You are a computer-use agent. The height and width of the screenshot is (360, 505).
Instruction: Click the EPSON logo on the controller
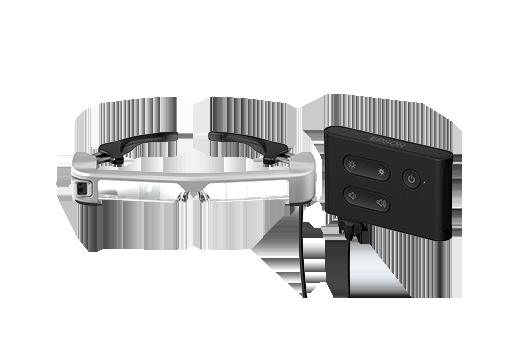(388, 142)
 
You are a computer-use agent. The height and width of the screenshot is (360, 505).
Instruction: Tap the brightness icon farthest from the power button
(352, 164)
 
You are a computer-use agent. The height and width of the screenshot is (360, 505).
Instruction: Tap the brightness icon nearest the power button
(381, 172)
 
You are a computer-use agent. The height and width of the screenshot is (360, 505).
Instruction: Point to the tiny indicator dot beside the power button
(424, 182)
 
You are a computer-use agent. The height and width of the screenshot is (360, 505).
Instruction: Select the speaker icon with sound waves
(381, 202)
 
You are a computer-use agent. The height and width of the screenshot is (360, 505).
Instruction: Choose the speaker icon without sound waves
(352, 195)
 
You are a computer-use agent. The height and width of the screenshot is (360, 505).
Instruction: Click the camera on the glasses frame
(82, 189)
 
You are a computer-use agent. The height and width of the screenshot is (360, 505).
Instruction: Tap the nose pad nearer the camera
(182, 197)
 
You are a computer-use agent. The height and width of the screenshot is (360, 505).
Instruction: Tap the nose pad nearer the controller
(203, 197)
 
